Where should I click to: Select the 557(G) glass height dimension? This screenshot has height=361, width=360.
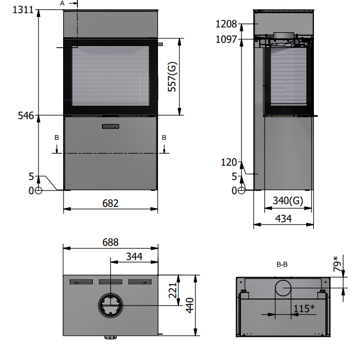172,77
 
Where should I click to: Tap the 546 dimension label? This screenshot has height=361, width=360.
26,115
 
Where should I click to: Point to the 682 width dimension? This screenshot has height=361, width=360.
110,203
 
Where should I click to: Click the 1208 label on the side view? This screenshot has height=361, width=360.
226,24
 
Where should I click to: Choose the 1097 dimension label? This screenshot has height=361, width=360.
226,40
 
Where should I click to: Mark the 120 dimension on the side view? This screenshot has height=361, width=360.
228,162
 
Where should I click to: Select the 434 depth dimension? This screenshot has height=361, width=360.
283,218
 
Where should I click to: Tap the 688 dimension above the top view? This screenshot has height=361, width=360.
110,242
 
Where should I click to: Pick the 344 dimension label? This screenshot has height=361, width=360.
134,256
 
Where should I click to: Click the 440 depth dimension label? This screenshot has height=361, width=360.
190,305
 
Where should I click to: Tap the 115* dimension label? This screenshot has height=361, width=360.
303,309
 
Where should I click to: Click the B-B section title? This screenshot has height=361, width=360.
282,264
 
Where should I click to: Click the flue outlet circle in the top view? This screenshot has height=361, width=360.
111,305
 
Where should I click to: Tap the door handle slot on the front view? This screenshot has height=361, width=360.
110,127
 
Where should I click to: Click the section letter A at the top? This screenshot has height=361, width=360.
62,3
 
